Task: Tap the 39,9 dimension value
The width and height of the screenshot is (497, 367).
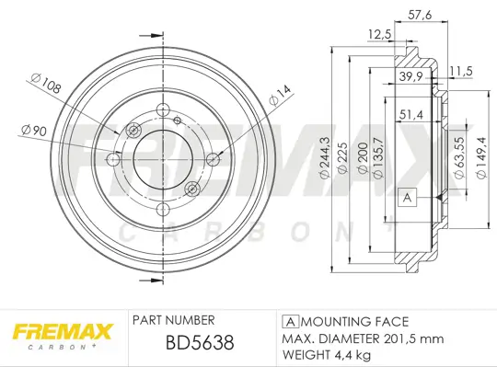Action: point(410,77)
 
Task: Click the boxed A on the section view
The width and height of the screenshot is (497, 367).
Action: point(406,197)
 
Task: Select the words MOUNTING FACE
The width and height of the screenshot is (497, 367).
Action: point(353,321)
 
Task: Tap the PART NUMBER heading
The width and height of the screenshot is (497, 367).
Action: point(174,320)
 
